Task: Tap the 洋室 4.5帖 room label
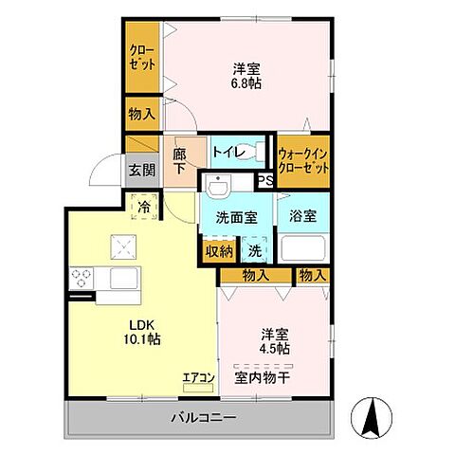tap(277, 340)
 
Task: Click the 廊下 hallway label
tap(180, 160)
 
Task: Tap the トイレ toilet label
tap(228, 152)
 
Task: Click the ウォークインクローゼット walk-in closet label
tap(304, 159)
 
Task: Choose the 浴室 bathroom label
tap(303, 215)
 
